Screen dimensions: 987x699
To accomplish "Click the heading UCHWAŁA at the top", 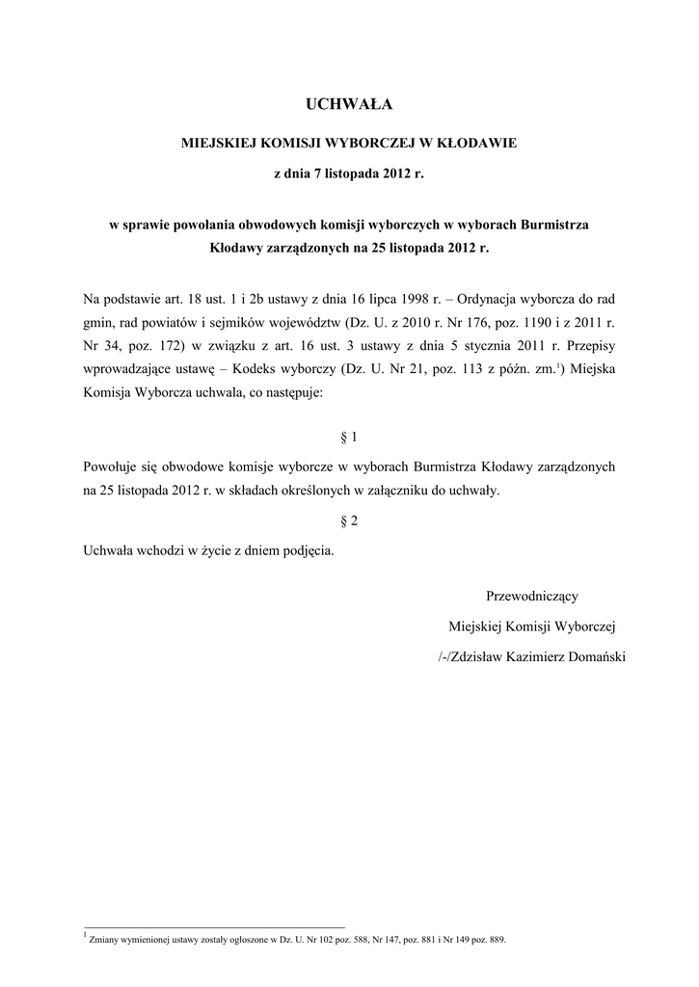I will (349, 103).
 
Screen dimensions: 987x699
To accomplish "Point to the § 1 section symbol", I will (349, 437).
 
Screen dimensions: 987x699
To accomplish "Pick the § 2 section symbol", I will (349, 520).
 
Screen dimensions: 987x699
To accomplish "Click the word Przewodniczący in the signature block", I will (531, 597).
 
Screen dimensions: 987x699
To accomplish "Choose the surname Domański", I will (590, 657).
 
